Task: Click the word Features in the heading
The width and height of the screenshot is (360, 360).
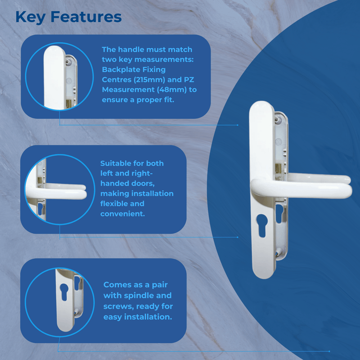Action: coord(86,17)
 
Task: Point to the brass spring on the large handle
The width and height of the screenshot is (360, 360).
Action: coord(277,171)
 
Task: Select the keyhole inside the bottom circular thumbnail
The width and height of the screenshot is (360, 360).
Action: coord(63,292)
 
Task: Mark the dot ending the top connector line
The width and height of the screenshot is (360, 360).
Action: coord(238,125)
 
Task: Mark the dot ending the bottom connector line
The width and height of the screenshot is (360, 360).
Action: coord(329,351)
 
